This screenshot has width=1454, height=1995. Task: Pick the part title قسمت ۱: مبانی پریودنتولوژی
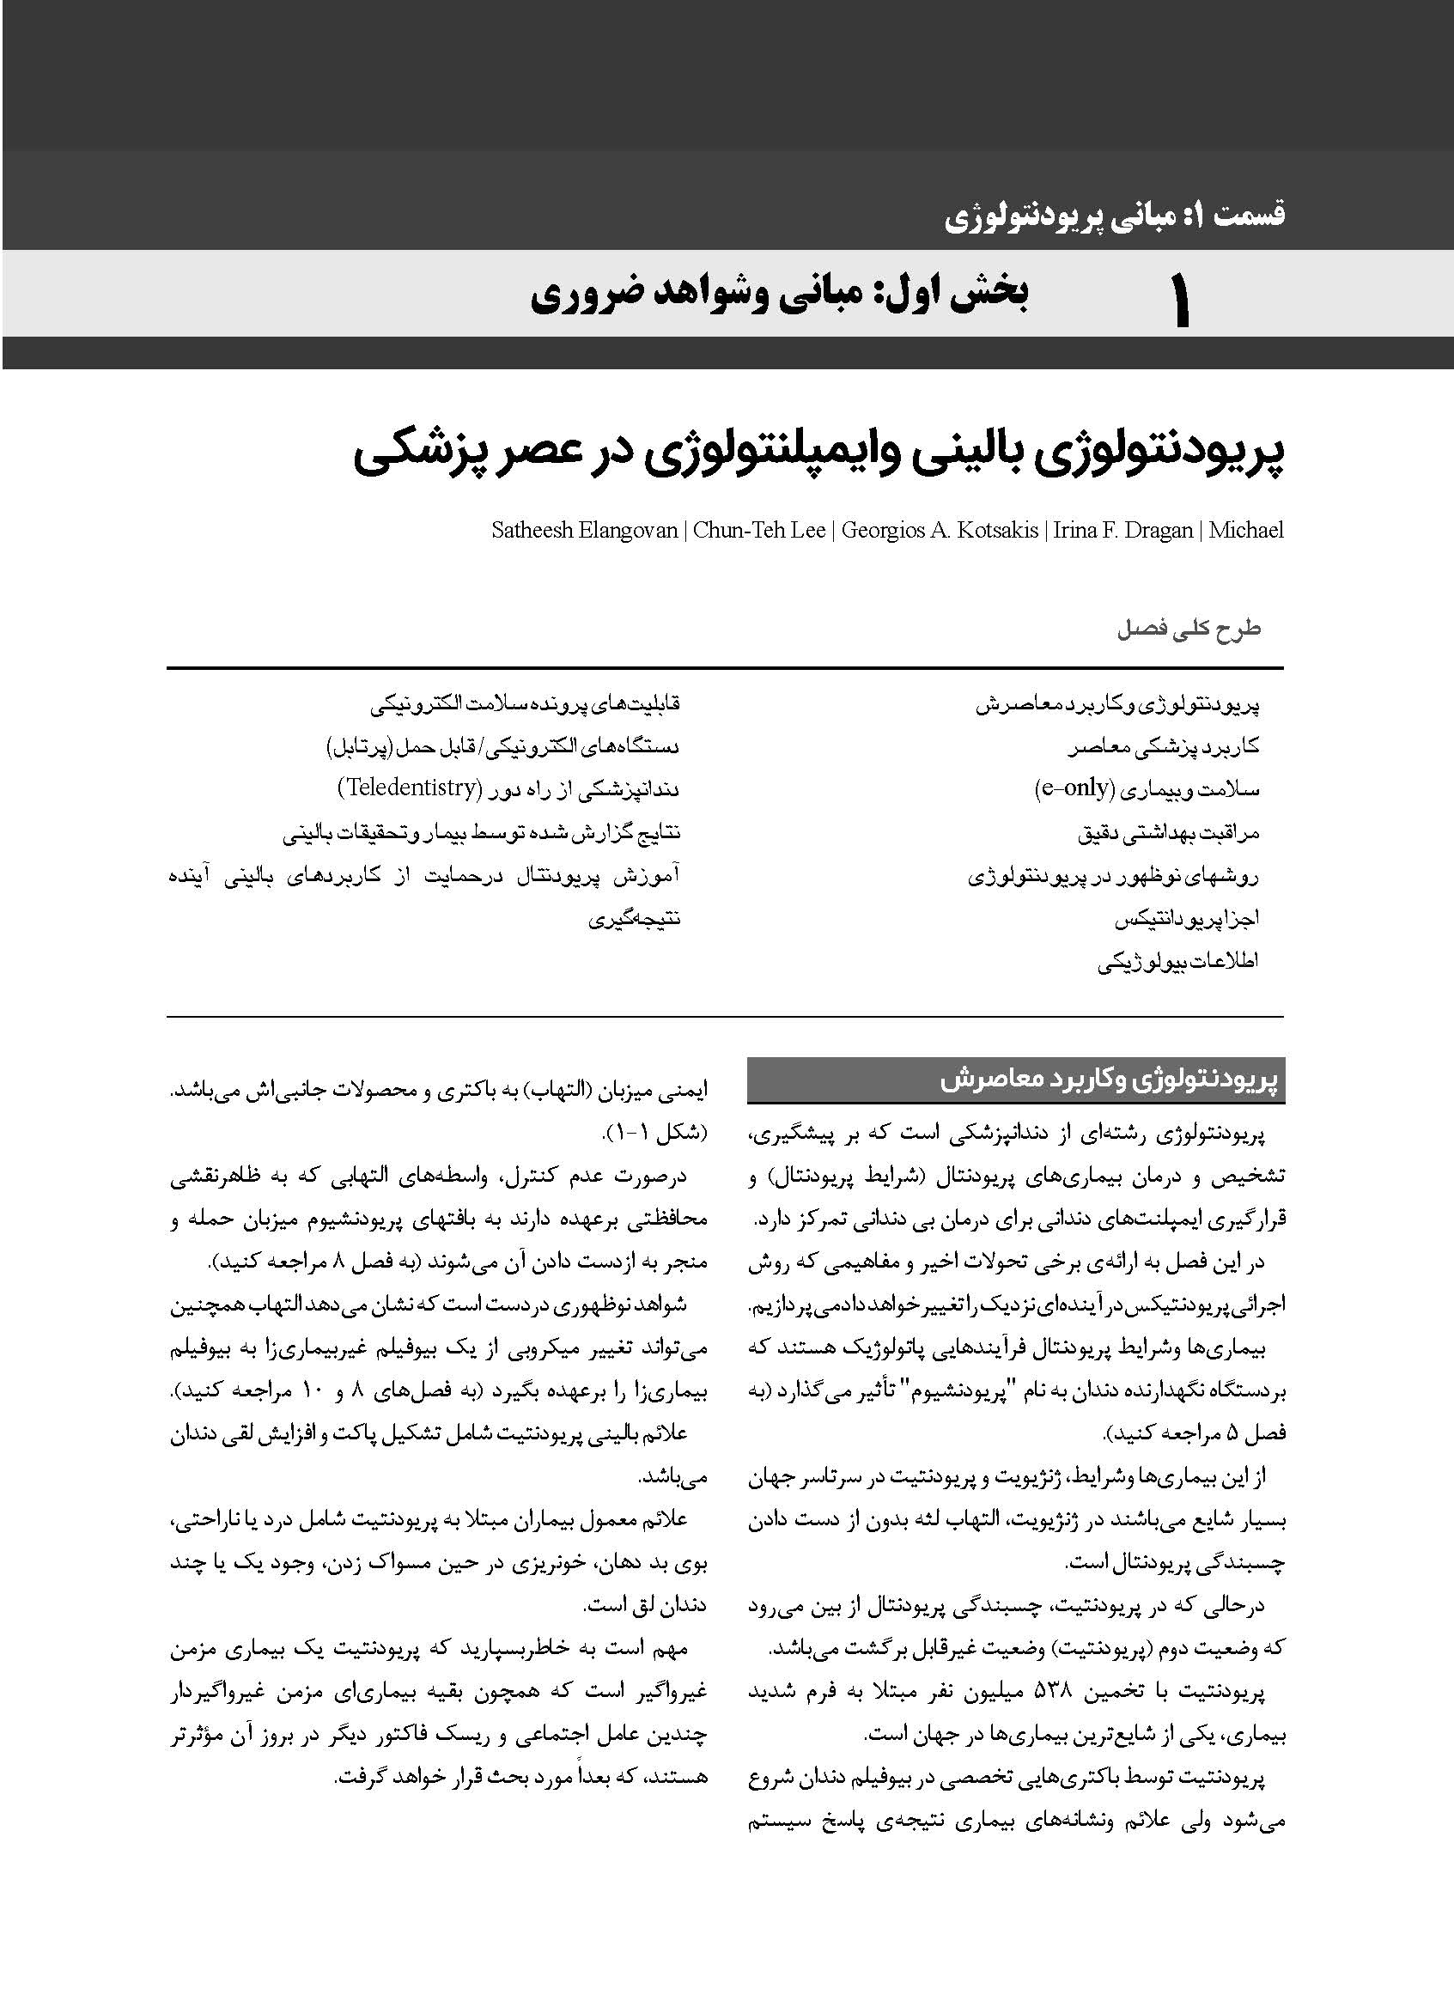coord(1114,216)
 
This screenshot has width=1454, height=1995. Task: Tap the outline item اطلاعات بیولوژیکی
coord(1177,962)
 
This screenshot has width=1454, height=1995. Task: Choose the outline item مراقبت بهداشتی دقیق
coord(1168,832)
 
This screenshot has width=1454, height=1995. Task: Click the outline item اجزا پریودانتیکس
coord(1186,919)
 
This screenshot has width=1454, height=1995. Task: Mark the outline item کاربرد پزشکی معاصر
coord(1164,747)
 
